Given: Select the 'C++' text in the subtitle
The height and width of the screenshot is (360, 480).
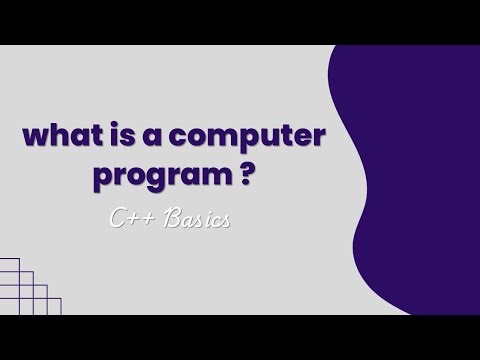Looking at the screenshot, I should click(133, 219).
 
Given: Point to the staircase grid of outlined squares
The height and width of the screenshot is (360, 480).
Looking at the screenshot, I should click(25, 290).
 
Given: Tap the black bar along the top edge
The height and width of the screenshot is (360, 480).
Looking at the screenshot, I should click(240, 21).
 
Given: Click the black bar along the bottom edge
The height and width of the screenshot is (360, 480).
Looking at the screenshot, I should click(240, 337).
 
